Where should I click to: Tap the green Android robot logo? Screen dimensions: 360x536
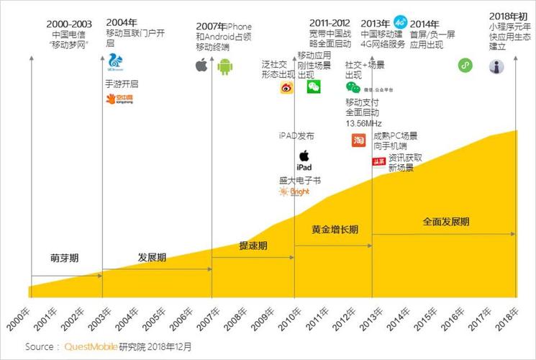click(226, 67)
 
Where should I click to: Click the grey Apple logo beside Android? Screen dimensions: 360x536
click(201, 66)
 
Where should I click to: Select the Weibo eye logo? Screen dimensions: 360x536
click(287, 88)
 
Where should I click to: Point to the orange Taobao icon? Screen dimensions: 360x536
click(358, 140)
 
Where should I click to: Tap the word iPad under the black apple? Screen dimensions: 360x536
click(304, 167)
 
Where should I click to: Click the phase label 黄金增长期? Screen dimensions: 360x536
click(335, 230)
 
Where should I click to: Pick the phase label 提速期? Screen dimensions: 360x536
click(253, 246)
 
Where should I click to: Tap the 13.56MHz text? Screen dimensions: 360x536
click(363, 123)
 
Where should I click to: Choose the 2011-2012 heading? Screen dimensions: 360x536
click(330, 24)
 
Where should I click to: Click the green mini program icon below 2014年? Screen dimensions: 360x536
click(465, 66)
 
